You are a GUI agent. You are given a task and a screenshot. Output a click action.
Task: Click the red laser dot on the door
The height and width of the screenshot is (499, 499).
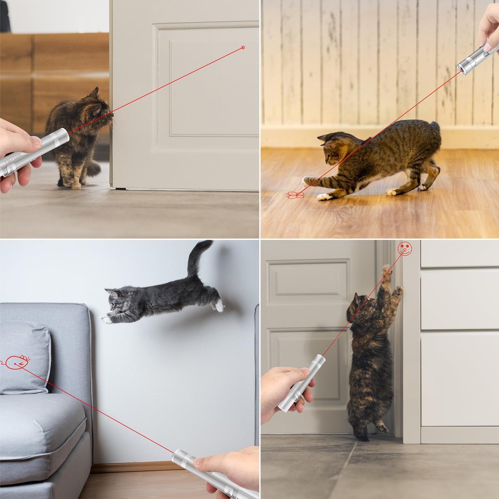243,48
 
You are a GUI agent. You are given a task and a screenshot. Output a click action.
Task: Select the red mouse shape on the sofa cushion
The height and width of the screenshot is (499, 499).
18,362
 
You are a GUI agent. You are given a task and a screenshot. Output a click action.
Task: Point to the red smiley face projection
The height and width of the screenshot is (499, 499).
405,249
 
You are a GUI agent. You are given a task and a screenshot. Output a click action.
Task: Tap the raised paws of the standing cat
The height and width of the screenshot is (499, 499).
393,283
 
